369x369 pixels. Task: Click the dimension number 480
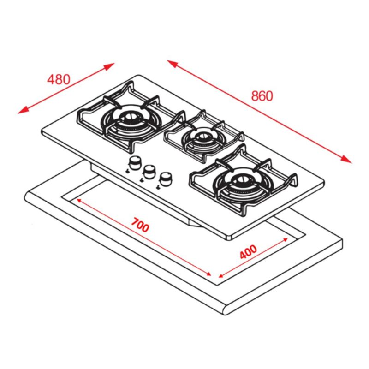point(59,79)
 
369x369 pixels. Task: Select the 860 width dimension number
point(262,95)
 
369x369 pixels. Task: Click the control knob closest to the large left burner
point(135,162)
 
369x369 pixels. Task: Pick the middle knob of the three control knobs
point(149,171)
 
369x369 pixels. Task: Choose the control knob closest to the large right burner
point(165,178)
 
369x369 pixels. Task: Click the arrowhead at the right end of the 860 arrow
point(347,160)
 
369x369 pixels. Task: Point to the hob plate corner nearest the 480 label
point(42,133)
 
